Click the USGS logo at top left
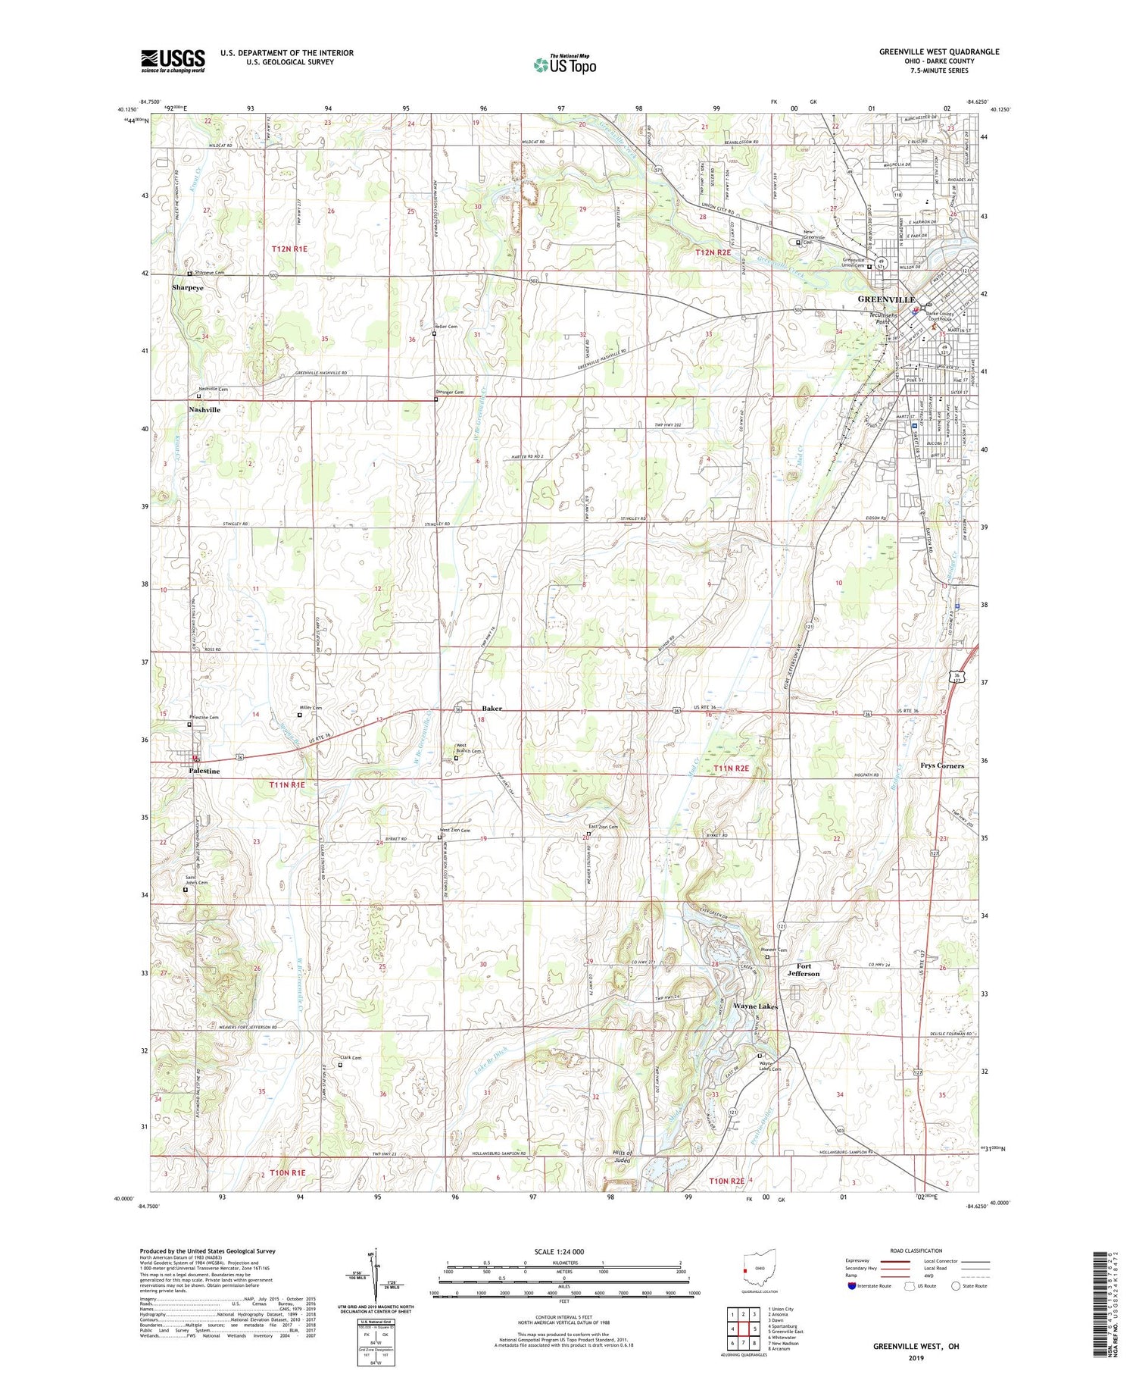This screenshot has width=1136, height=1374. coord(173,61)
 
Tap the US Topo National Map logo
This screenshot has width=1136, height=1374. coord(564,64)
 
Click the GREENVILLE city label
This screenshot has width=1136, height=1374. coord(886,299)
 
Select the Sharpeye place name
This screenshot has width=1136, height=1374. coord(187,288)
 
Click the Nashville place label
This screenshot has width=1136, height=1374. coord(204,409)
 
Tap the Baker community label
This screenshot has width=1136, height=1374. coord(492,708)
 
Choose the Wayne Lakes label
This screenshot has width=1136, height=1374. coord(755,1006)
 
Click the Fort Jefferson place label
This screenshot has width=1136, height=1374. coord(803,970)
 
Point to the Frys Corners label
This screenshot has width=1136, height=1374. coord(942,765)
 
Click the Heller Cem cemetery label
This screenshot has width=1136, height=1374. coord(446,327)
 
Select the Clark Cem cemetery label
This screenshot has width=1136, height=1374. coord(350,1058)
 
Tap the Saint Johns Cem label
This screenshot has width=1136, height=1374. coord(196,881)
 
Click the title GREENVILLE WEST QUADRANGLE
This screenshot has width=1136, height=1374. coord(939,52)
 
